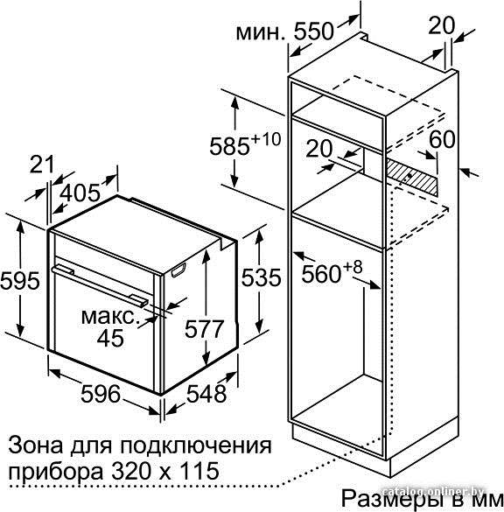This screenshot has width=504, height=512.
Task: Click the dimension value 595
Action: (20, 280)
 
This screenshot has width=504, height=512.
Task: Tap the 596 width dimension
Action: (101, 394)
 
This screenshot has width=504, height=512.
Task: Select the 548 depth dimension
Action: (206, 393)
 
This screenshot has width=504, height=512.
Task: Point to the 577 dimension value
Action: (205, 329)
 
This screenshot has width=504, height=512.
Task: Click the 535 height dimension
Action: (261, 277)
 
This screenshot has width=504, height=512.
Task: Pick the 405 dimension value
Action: (80, 193)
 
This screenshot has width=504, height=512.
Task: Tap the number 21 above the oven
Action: (42, 165)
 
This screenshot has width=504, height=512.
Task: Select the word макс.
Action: (108, 317)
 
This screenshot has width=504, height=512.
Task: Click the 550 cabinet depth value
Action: (314, 32)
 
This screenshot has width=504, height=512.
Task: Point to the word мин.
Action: (260, 33)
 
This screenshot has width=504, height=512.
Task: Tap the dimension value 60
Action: (442, 139)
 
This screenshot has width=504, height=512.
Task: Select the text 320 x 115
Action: (164, 471)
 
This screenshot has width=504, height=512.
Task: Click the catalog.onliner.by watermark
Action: (433, 491)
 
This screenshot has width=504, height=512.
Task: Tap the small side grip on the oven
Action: (178, 270)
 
